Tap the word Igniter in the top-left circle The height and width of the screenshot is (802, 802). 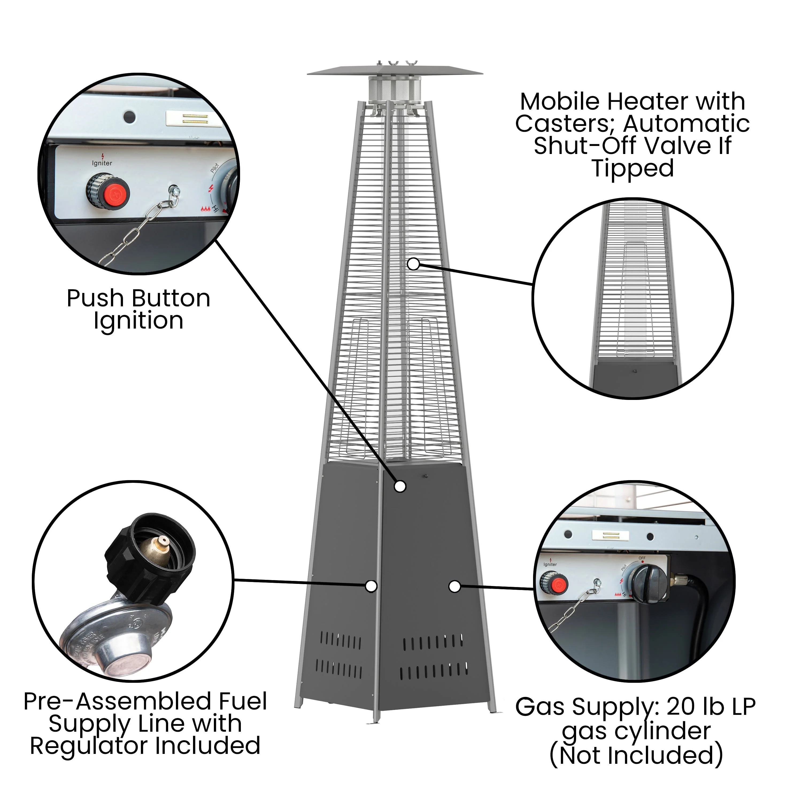click(102, 163)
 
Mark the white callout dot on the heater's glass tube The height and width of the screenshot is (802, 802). click(413, 264)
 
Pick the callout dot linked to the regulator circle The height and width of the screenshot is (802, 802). click(371, 586)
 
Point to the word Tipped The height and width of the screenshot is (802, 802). click(633, 168)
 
